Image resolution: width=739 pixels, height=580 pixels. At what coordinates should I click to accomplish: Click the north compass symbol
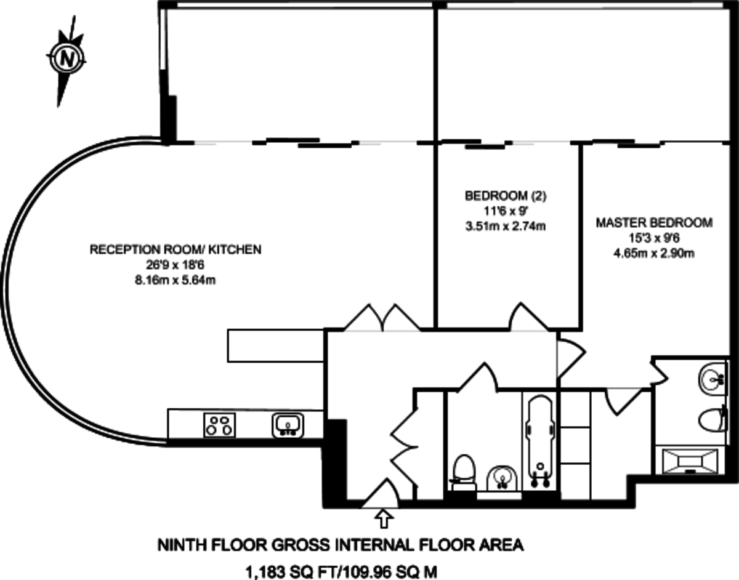[x=65, y=58]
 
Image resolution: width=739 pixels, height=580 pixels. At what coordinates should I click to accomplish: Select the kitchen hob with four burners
[x=220, y=424]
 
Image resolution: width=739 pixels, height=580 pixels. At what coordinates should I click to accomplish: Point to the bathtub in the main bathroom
[x=540, y=440]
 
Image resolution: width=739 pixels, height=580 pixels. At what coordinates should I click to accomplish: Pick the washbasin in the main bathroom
[x=502, y=477]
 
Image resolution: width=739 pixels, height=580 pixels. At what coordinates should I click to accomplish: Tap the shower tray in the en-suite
[x=690, y=460]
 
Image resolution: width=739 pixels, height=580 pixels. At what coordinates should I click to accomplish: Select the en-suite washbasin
[x=714, y=376]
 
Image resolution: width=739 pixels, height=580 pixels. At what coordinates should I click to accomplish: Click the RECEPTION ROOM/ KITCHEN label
[x=176, y=249]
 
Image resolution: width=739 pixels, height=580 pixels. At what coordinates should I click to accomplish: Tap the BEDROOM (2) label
[x=506, y=196]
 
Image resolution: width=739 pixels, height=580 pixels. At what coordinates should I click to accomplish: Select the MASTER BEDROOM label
[x=653, y=222]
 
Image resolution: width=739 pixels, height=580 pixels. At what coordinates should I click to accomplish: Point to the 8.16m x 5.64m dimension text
[x=176, y=280]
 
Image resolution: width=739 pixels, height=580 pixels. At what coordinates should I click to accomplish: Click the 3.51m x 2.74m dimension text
[x=506, y=226]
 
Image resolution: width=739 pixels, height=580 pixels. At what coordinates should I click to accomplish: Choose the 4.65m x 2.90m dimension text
[x=653, y=252]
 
